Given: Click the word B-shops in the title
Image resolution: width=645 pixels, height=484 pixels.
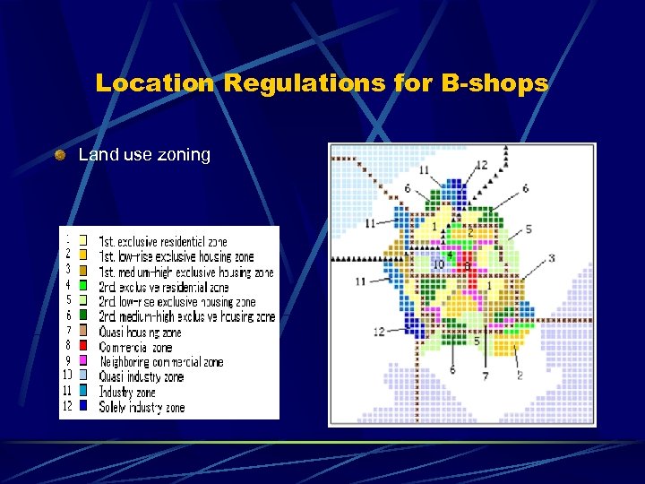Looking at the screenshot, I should coord(494,83).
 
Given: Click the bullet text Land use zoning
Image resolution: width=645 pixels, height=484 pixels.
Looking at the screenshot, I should coord(144,155).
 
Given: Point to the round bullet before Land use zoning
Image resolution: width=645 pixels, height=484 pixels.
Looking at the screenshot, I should coord(60,155).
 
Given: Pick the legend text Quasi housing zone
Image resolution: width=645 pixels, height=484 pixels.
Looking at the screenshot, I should coord(140,333).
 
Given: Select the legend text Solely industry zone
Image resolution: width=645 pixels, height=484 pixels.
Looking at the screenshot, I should coord(142,408).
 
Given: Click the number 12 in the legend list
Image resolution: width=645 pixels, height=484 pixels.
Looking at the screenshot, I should coord(67,407).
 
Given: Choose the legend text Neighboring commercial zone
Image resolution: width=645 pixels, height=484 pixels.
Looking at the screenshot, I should coord(161,362).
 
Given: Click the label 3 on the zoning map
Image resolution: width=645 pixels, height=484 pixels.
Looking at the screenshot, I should coord(551,258).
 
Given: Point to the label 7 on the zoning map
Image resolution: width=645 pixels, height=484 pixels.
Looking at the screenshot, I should coord(485,376).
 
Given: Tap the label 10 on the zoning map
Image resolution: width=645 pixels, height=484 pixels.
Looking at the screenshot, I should coord(438,264).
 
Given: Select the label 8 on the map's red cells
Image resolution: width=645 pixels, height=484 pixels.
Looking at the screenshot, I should coord(466,266).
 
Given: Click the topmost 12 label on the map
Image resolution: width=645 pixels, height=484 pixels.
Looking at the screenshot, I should coord(481,165).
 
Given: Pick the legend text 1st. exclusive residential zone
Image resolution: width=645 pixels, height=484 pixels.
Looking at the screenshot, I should coord(163,242).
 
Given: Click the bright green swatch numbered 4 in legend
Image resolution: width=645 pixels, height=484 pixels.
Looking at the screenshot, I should coord(83,286).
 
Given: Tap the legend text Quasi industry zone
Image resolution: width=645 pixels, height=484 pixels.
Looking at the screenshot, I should coord(142,377).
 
